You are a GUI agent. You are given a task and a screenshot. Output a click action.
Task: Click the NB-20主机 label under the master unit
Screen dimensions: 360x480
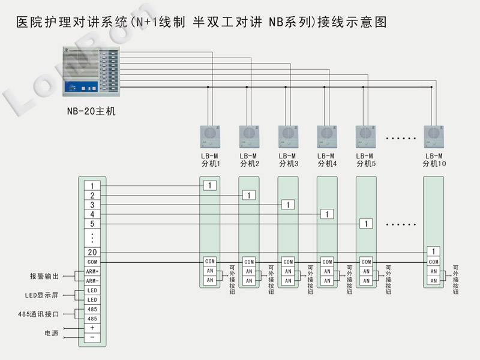pos(91,111)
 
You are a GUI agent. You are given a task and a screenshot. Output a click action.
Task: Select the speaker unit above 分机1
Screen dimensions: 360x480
pos(211,136)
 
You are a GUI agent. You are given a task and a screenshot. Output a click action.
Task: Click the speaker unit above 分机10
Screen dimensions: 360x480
pos(434,136)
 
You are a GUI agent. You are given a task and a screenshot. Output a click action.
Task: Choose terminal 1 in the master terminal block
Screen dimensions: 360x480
pos(92,186)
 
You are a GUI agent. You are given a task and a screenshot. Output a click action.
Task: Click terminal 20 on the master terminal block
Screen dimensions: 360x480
pos(92,253)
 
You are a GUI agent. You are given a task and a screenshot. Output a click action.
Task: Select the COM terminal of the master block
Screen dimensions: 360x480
pos(92,262)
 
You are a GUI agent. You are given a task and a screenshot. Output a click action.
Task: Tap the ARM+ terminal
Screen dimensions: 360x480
pos(92,272)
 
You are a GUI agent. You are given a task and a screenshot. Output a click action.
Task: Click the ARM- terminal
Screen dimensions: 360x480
pos(92,281)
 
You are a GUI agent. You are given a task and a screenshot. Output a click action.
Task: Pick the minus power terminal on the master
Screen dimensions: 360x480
pos(92,338)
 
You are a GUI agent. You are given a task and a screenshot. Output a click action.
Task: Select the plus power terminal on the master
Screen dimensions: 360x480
pos(92,328)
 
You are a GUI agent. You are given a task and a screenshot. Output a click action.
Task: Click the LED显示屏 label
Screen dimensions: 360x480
pos(43,295)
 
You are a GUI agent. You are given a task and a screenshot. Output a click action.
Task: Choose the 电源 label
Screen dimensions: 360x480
pos(51,333)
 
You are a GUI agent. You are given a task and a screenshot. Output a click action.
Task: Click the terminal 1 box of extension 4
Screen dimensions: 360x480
pos(326,214)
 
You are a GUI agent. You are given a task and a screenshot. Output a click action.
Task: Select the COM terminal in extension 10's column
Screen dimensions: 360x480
pos(434,262)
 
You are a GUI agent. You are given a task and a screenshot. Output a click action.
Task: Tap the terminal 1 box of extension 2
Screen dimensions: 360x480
pos(249,195)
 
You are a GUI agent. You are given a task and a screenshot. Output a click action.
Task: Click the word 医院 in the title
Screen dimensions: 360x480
pos(26,23)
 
